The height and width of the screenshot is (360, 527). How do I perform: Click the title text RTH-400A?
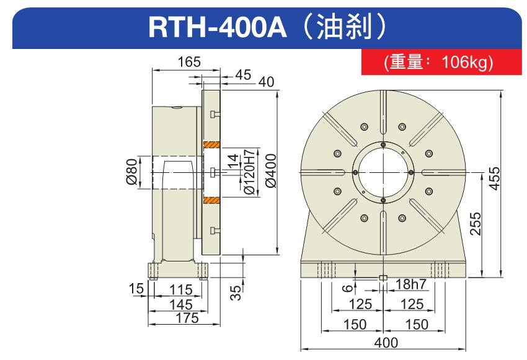pyautogui.click(x=218, y=27)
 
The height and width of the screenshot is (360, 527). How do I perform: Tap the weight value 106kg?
pyautogui.click(x=466, y=62)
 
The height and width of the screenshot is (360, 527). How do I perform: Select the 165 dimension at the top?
pyautogui.click(x=189, y=62)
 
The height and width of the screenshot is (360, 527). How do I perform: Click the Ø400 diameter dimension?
pyautogui.click(x=271, y=170)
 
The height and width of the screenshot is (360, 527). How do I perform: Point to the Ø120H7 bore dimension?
pyautogui.click(x=250, y=172)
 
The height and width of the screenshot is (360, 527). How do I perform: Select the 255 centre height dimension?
pyautogui.click(x=476, y=224)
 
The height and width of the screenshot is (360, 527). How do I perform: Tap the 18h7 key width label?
pyautogui.click(x=410, y=284)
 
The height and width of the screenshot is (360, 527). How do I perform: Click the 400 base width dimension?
pyautogui.click(x=386, y=343)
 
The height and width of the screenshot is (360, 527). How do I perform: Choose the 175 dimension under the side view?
pyautogui.click(x=187, y=318)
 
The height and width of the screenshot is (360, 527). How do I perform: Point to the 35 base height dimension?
pyautogui.click(x=237, y=292)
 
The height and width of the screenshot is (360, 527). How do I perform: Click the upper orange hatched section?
pyautogui.click(x=212, y=145)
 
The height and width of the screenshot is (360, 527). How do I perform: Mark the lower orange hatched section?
pyautogui.click(x=212, y=201)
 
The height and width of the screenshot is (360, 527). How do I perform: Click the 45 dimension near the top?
pyautogui.click(x=243, y=75)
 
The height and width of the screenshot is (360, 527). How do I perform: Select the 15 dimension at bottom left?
pyautogui.click(x=136, y=288)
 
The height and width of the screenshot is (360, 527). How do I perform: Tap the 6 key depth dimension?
pyautogui.click(x=349, y=288)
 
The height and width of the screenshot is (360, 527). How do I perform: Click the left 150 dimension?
pyautogui.click(x=355, y=325)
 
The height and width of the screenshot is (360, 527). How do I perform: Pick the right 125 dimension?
pyautogui.click(x=412, y=304)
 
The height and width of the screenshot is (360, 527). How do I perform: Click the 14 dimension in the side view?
pyautogui.click(x=232, y=160)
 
